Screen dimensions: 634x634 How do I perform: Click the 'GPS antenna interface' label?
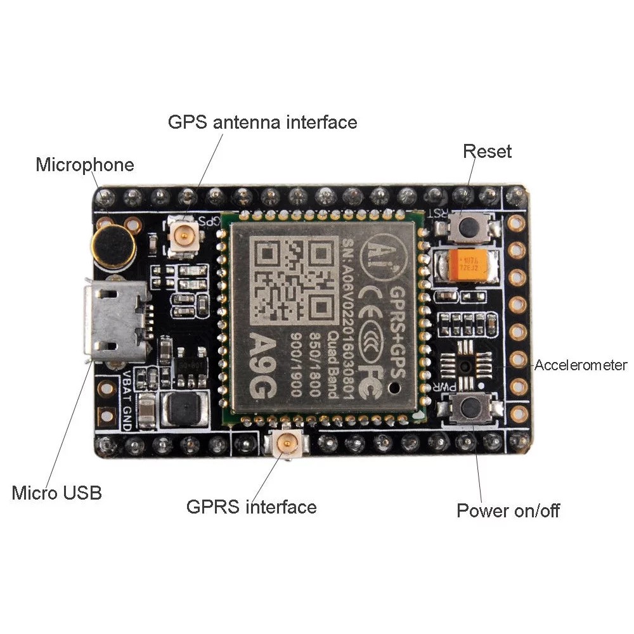click(x=262, y=121)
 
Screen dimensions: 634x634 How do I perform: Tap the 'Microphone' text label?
click(x=85, y=165)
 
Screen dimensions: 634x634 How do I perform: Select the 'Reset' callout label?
click(x=487, y=152)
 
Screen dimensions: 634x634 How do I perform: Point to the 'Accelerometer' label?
click(x=581, y=365)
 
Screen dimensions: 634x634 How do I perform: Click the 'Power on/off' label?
click(x=508, y=510)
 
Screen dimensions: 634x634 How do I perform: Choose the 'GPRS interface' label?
click(x=251, y=507)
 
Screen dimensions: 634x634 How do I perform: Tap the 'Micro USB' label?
click(x=56, y=493)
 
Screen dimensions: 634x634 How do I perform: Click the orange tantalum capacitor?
click(x=470, y=264)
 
